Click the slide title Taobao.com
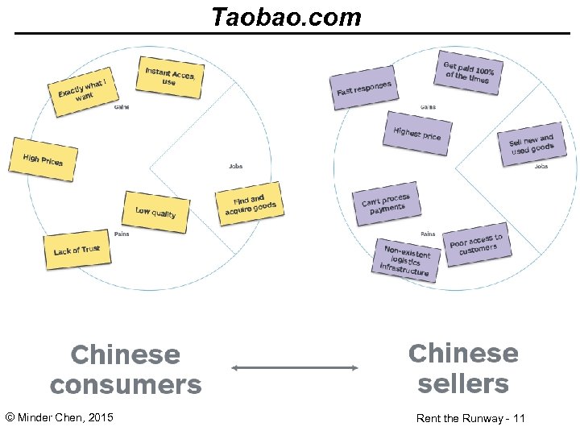pos(286,17)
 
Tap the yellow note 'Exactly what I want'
pos(82,90)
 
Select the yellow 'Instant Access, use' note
pos(170,77)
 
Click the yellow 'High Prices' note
pos(43,159)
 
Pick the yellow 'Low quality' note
pos(155,210)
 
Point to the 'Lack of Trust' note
pos(77,250)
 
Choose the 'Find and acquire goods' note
pos(250,205)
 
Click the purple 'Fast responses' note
pos(363,87)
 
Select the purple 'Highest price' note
pos(416,133)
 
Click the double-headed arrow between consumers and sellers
pos(295,368)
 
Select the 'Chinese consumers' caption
pos(126,370)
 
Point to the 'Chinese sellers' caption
pos(463,368)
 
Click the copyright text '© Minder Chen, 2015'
pos(59,417)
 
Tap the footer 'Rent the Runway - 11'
pos(470,418)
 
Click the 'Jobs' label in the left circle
pos(235,167)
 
